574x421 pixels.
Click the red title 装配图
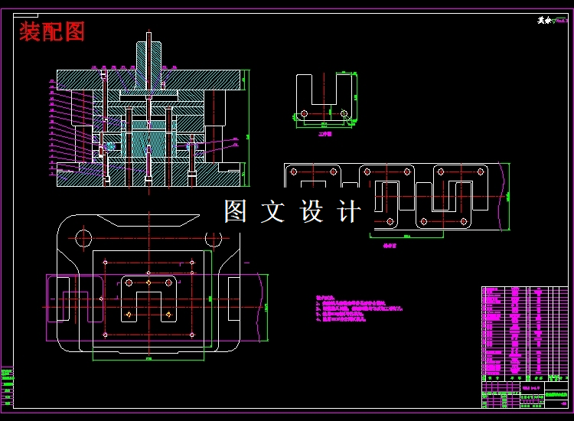click(x=52, y=31)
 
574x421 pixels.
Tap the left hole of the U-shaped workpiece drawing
click(x=305, y=113)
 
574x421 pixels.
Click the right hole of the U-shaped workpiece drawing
click(x=344, y=113)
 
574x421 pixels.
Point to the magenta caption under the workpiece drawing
click(x=325, y=132)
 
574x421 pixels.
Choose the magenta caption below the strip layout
click(x=390, y=246)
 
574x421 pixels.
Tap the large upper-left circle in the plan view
click(x=84, y=238)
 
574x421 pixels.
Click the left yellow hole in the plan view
click(x=129, y=313)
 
